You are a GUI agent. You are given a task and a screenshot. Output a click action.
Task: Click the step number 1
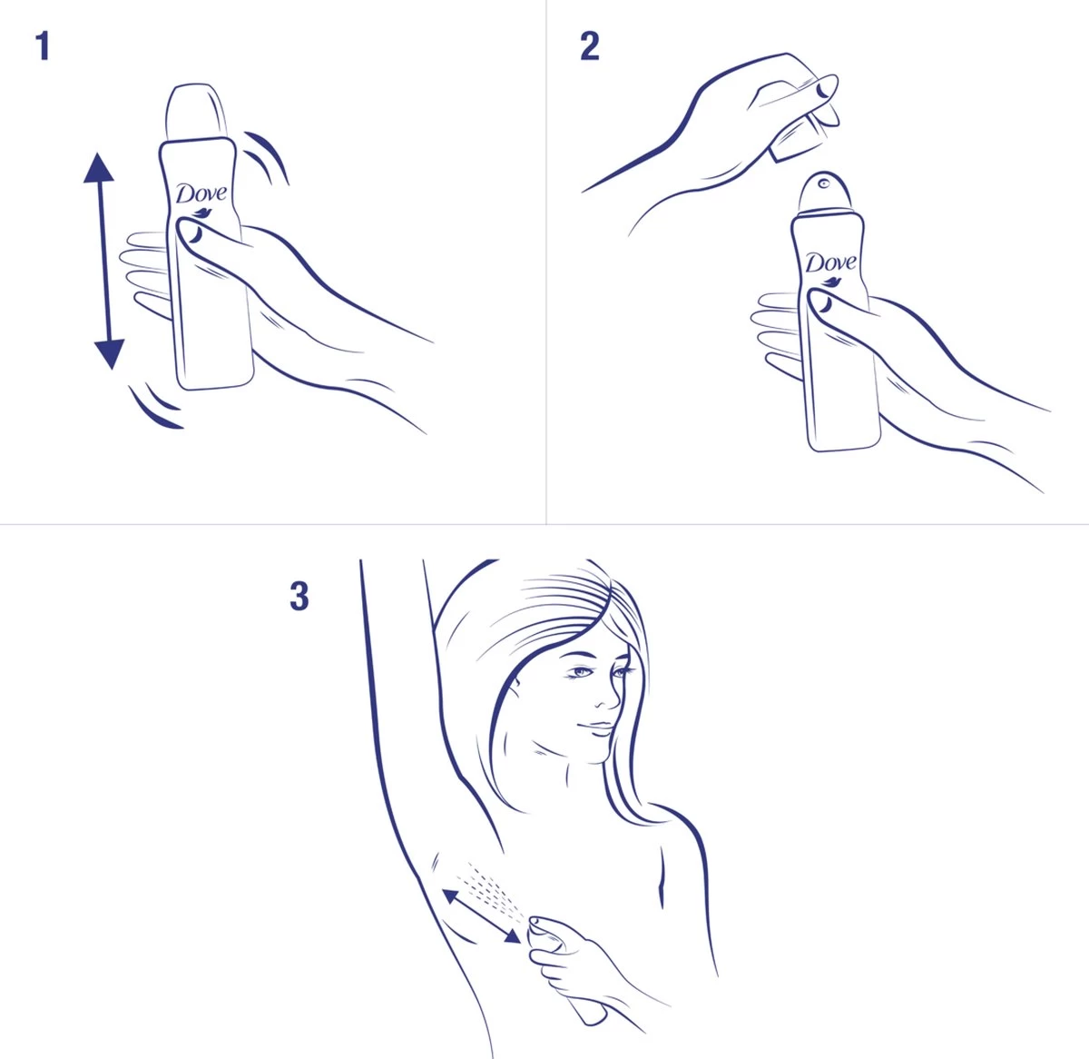tap(42, 46)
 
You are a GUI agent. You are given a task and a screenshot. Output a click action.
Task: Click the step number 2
tap(590, 46)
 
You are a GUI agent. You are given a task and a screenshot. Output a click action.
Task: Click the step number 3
tap(299, 597)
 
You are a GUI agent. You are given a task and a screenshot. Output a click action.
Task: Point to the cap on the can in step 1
tap(194, 114)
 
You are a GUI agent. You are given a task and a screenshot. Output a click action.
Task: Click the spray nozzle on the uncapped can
tap(824, 184)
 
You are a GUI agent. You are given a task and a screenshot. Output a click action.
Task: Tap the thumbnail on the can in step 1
tap(192, 233)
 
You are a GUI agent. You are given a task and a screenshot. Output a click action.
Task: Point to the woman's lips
tap(594, 727)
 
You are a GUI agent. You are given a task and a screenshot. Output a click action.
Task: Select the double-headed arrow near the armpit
tap(482, 918)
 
